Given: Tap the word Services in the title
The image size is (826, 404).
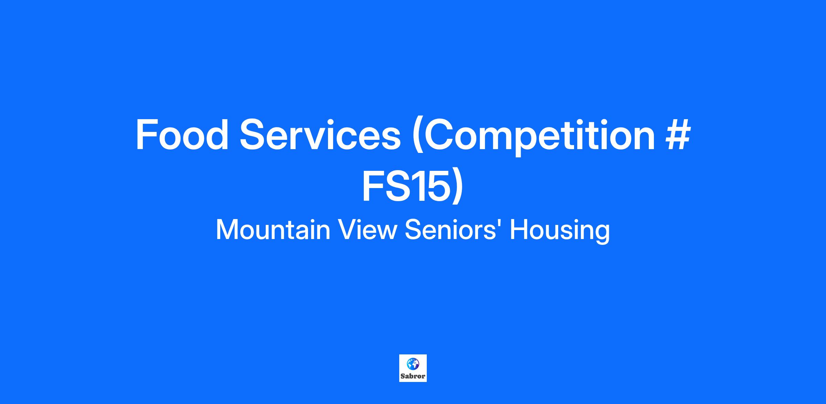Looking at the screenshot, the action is point(320,134).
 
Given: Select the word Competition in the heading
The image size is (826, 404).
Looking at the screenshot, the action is point(539,136).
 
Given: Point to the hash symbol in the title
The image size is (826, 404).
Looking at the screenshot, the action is point(678,135).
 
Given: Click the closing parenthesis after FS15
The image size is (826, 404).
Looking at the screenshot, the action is point(457,188).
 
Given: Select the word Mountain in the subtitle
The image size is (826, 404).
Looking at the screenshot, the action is point(273,230).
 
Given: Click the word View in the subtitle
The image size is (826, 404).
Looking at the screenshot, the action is point(367,230).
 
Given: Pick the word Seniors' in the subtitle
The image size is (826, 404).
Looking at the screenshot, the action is point(454,230).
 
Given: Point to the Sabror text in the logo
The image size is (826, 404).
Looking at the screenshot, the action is point(413,376).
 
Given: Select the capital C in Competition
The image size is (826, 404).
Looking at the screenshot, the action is point(442,135).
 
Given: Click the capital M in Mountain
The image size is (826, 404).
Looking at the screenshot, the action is point(226,230).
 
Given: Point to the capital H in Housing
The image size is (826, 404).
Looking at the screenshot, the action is point(518,230).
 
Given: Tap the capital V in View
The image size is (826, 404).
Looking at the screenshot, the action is point(347,230).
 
